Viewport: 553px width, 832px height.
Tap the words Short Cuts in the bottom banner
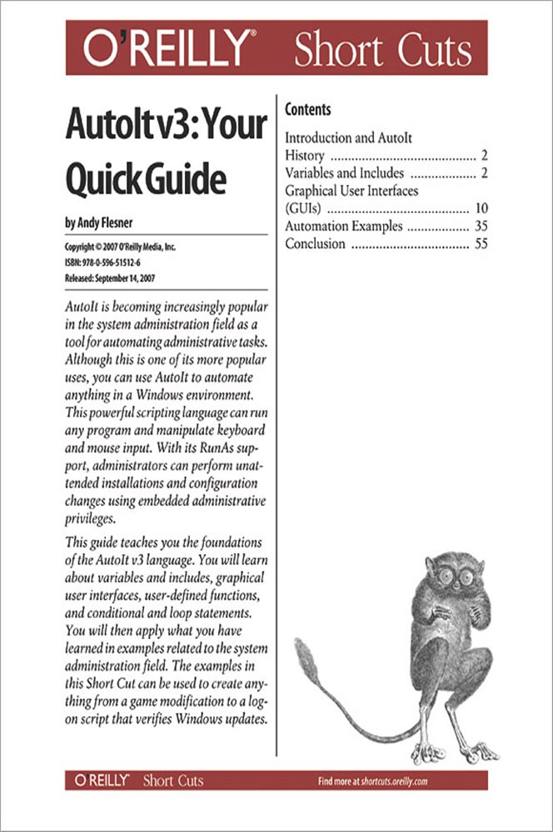172,780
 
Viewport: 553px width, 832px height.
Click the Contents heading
307,110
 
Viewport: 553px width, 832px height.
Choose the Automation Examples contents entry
344,225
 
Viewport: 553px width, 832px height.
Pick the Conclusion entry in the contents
315,244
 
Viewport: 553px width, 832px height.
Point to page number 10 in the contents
481,208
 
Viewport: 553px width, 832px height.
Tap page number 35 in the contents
481,225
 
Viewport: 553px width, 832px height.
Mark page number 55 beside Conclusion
481,244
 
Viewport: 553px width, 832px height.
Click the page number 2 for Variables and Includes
484,173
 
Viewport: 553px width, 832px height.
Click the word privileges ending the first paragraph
91,518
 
